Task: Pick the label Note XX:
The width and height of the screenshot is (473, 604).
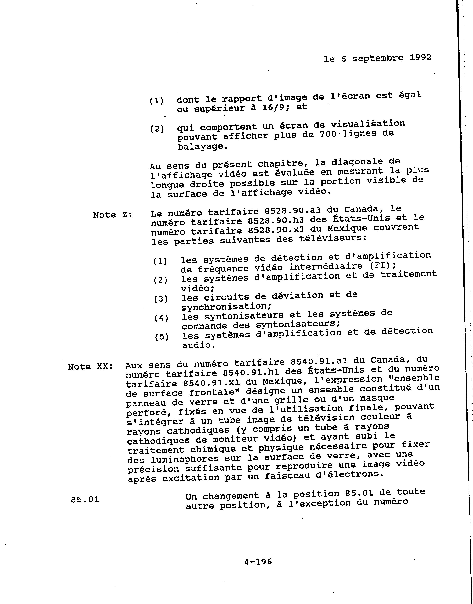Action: pyautogui.click(x=90, y=367)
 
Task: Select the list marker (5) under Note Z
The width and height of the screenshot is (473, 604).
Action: pyautogui.click(x=161, y=337)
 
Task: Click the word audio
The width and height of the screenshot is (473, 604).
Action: pyautogui.click(x=198, y=345)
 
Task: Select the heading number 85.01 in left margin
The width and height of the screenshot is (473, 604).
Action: pyautogui.click(x=85, y=500)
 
